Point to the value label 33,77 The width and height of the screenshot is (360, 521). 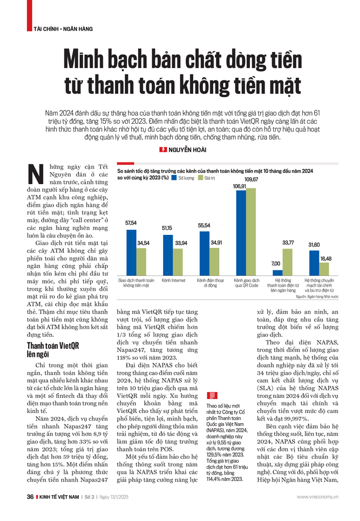288,242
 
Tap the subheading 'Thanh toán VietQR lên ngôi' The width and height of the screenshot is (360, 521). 51,349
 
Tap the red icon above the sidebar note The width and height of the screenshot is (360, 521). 212,396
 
